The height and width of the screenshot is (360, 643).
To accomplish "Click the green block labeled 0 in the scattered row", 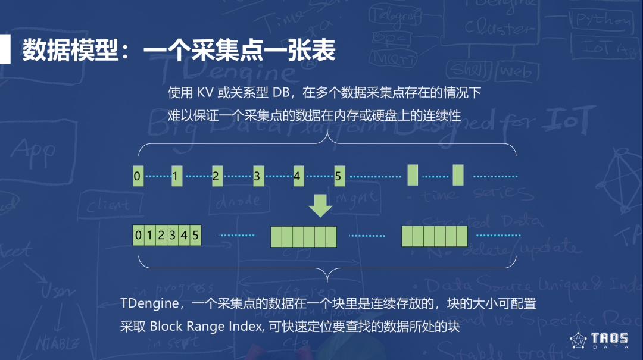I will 138,176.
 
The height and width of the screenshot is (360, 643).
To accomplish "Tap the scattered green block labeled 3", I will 258,176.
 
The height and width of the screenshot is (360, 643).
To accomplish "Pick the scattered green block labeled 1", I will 177,176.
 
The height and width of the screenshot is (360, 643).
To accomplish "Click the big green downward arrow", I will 320,206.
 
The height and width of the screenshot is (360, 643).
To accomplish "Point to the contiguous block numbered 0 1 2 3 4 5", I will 167,236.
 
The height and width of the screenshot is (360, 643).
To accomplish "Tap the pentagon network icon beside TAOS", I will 579,341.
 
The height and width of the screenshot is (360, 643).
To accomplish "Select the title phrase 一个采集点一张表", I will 239,51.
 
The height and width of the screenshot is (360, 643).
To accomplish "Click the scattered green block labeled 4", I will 298,176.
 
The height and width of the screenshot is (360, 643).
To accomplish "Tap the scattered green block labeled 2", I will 217,176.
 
